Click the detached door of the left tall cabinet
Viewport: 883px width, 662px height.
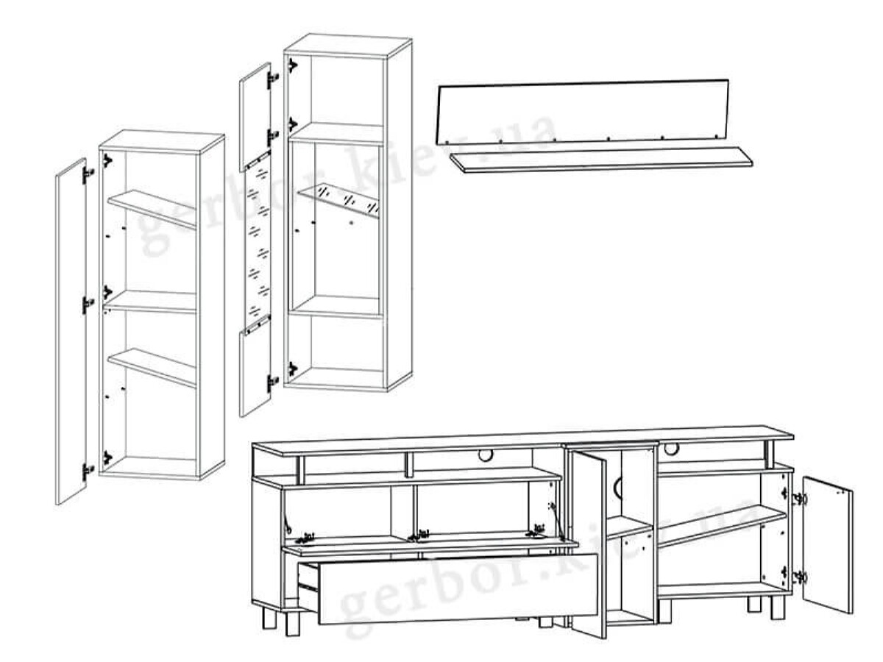coord(71,331)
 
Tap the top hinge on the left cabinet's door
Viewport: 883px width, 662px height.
coord(88,175)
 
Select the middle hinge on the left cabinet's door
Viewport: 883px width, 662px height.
coord(88,305)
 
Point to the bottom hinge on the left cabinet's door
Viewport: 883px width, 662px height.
coord(88,471)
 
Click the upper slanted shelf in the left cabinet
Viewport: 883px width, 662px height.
coord(152,209)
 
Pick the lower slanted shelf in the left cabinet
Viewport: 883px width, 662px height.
coord(152,368)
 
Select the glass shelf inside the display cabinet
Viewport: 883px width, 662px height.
coord(338,201)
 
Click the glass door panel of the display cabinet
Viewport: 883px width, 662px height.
coord(258,244)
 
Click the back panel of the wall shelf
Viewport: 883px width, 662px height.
coord(584,112)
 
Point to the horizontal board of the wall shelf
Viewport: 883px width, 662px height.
coord(601,160)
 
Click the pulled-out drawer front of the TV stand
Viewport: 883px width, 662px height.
coord(458,590)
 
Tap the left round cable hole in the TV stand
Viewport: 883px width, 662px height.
coord(485,456)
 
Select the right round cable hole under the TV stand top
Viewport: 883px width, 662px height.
coord(671,449)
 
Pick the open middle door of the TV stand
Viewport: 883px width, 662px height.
coord(588,544)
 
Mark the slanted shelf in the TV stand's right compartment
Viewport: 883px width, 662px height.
coord(721,526)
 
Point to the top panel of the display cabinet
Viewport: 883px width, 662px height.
coord(347,47)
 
